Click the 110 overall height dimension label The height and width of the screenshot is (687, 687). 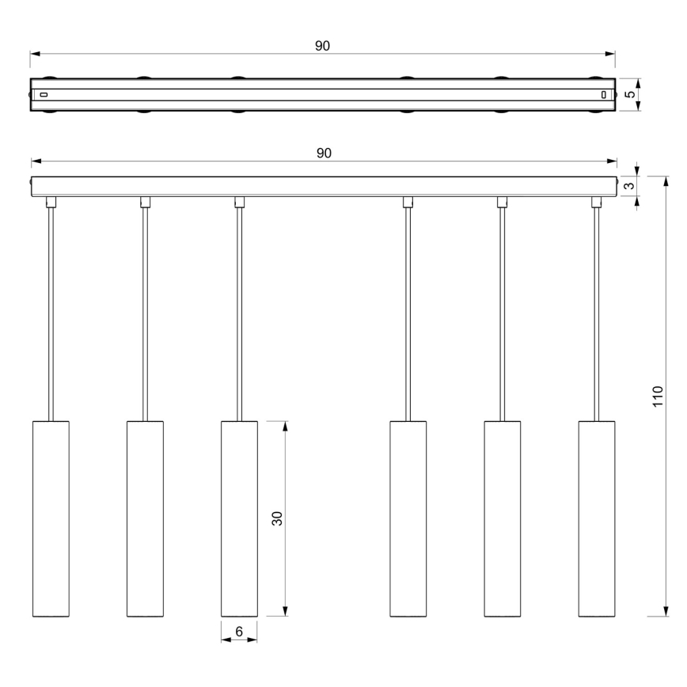658,397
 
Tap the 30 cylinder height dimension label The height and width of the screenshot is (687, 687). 277,518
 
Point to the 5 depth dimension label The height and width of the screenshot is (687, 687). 629,95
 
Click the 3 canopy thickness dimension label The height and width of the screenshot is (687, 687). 629,186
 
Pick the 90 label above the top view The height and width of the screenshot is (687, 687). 322,46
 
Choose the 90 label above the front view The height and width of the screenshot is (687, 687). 324,153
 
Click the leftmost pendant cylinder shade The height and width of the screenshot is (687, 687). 51,518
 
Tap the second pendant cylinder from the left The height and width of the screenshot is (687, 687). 145,518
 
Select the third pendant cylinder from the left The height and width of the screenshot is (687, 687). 239,518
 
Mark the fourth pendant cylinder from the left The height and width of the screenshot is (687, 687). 408,518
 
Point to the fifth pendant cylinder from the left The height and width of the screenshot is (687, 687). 502,518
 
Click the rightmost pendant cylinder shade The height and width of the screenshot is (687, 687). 597,518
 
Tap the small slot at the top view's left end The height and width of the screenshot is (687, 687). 44,95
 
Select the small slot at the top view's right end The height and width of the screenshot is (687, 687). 604,95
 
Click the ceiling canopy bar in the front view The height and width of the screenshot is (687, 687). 323,186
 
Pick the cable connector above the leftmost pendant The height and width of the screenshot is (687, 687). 51,202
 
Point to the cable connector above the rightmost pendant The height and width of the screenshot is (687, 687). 597,202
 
